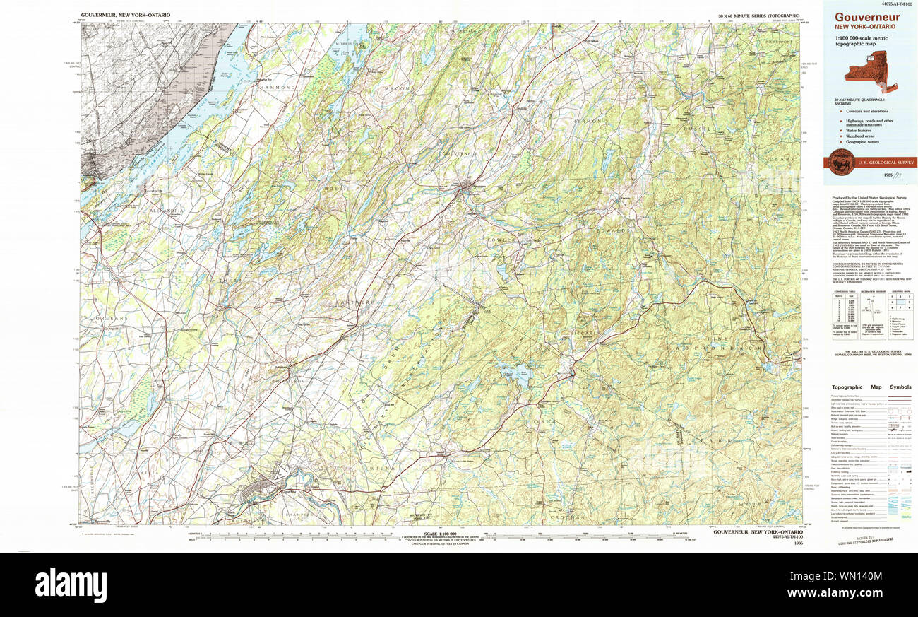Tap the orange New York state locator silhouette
tap(871, 76)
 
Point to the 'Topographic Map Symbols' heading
tap(871, 387)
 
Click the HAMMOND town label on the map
tap(278, 86)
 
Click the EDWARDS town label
tap(612, 231)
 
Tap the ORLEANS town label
tap(111, 319)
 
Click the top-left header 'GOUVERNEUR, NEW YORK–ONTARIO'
tap(125, 15)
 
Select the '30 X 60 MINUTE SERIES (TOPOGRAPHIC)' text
tap(758, 15)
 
